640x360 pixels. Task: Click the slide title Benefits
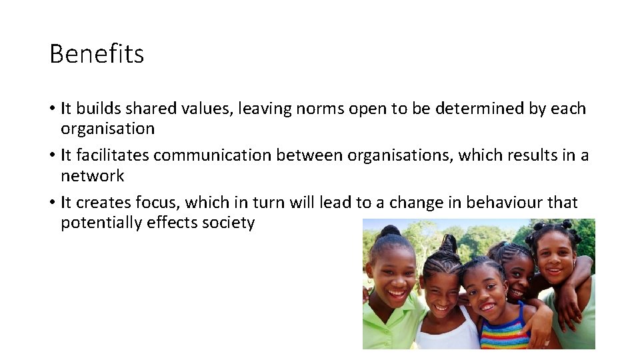pos(97,54)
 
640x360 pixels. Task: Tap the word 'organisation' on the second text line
pos(107,128)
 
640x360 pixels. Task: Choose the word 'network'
pos(93,175)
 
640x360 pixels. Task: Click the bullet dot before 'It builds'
pos(52,109)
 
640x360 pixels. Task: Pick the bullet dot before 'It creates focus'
pos(52,203)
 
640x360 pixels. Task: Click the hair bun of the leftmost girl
pos(391,231)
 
